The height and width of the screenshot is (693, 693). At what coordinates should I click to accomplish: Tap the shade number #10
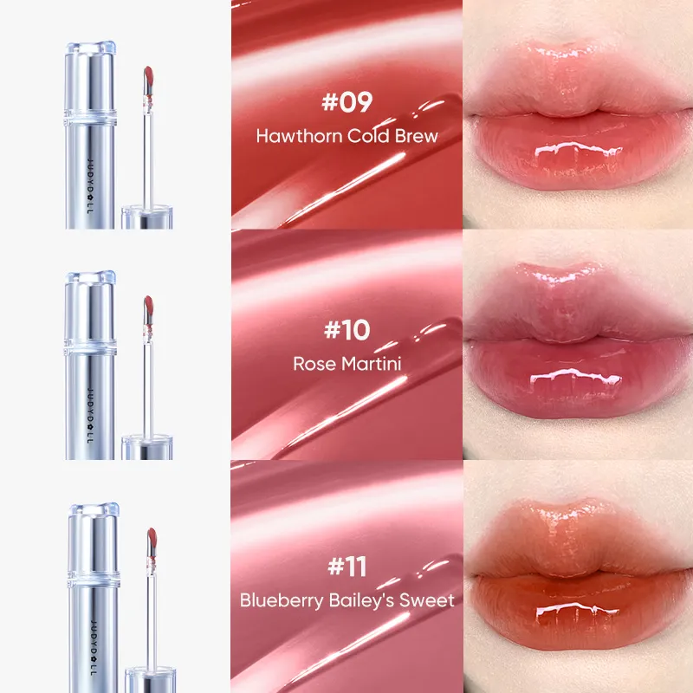pyautogui.click(x=346, y=330)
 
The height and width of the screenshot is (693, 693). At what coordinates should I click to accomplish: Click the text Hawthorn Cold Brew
pyautogui.click(x=346, y=136)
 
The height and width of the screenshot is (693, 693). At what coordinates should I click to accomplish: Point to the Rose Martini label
pyautogui.click(x=346, y=364)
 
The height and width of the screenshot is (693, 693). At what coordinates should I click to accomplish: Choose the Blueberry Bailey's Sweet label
pyautogui.click(x=346, y=600)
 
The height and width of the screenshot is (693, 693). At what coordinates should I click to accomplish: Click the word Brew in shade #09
pyautogui.click(x=418, y=136)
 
